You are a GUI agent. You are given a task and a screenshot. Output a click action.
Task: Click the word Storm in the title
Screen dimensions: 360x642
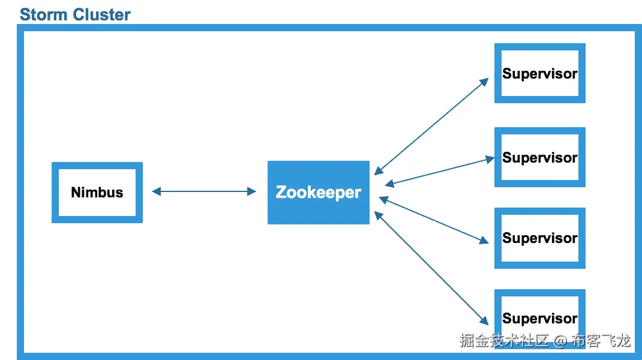coord(43,14)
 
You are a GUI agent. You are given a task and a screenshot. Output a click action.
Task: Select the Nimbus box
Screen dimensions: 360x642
coord(97,193)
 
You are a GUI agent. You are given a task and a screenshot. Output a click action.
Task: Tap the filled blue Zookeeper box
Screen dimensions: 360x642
coord(318,193)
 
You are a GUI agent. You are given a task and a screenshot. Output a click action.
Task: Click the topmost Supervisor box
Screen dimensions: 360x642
coord(539,73)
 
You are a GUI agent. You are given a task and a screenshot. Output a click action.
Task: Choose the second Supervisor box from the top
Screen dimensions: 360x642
coord(539,157)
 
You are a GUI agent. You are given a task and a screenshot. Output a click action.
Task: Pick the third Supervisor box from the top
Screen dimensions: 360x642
coord(539,238)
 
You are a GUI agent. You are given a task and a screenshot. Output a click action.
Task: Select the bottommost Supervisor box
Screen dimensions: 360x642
coord(539,318)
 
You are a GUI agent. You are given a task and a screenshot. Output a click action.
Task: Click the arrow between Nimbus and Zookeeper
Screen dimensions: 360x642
coord(204,191)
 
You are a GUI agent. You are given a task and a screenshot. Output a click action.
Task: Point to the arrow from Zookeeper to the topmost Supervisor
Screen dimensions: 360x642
coord(431,127)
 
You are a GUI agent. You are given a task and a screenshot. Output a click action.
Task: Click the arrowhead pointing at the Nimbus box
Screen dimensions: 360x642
coord(156,191)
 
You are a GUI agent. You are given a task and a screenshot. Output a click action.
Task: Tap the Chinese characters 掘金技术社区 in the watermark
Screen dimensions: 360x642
coord(504,341)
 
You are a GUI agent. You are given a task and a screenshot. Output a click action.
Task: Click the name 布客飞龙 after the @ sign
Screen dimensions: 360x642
coord(601,341)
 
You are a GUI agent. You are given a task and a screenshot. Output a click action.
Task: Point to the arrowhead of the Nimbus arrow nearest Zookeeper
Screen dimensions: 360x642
coord(252,191)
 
